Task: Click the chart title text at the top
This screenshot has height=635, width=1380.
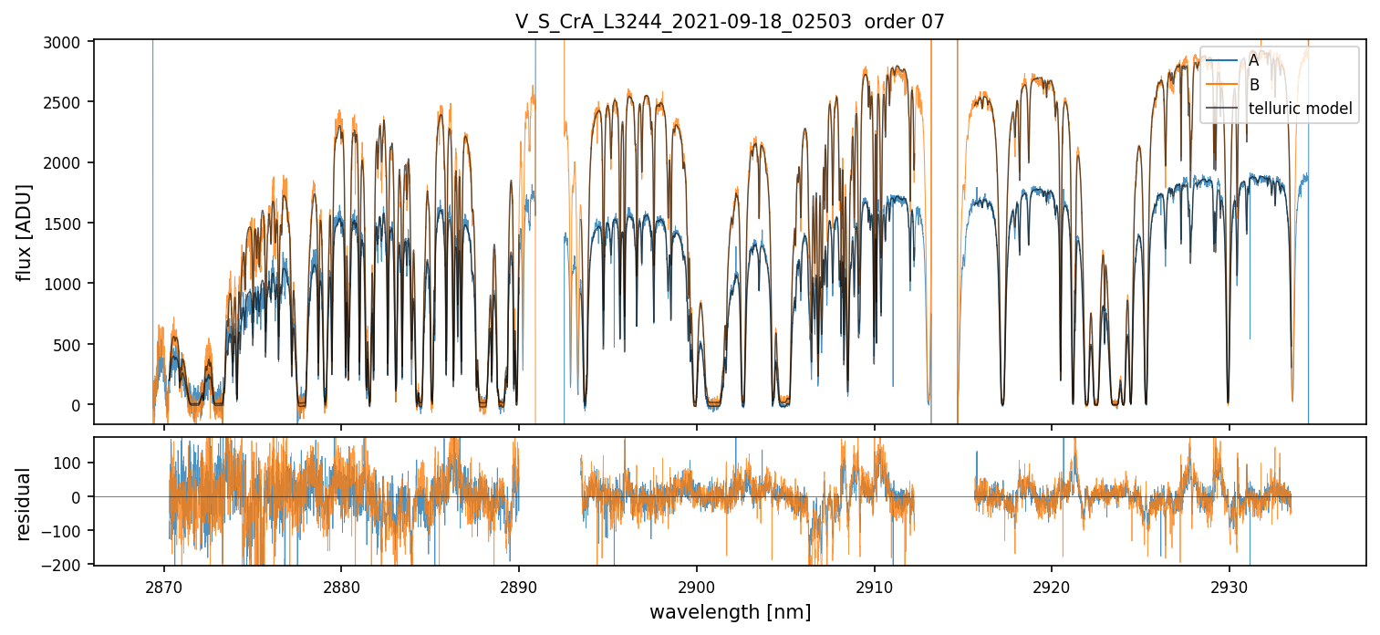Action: (730, 22)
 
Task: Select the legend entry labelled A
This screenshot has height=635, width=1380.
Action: (1254, 60)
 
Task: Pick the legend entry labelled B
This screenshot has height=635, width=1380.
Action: (1254, 85)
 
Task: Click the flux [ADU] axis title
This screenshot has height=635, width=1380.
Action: (25, 232)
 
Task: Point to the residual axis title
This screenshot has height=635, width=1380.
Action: (25, 504)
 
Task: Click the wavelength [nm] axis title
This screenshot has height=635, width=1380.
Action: (730, 611)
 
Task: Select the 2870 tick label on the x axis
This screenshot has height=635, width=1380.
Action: (164, 583)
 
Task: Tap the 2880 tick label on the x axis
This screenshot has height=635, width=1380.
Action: (341, 583)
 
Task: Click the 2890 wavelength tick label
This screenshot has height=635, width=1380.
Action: (519, 583)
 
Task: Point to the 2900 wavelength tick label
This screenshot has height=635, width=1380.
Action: (697, 583)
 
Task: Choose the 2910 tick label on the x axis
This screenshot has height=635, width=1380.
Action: (875, 583)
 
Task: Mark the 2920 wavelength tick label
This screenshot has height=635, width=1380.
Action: (1052, 583)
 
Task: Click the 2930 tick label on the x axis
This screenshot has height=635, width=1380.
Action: (1230, 583)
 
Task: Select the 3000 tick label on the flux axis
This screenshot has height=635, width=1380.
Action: (67, 42)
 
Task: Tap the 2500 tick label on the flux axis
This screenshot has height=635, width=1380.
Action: (67, 102)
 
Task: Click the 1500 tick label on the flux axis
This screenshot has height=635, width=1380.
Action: (67, 224)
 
